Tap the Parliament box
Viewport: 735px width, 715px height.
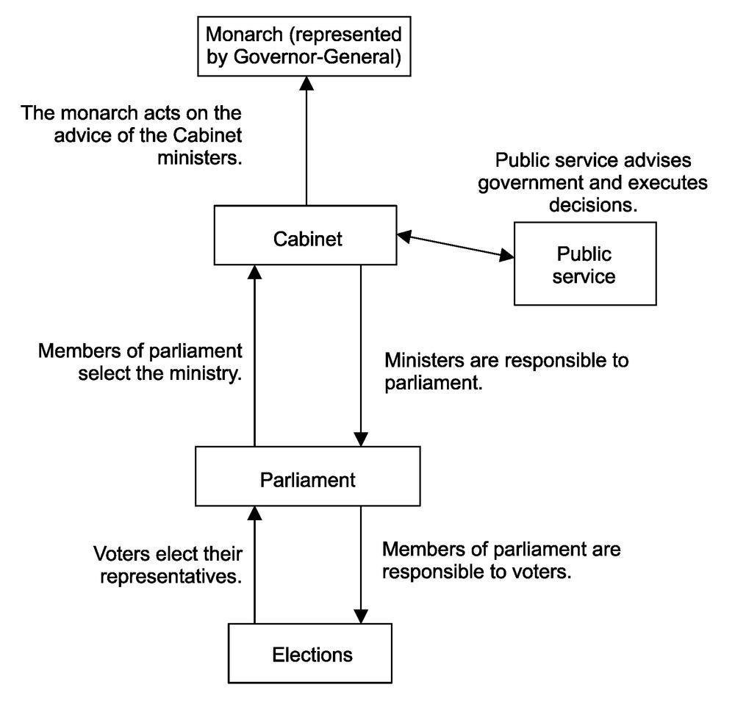(x=307, y=481)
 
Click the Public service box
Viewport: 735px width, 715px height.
(x=584, y=265)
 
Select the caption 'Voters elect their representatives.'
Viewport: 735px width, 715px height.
(x=168, y=564)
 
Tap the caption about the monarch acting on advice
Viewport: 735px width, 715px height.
(x=132, y=137)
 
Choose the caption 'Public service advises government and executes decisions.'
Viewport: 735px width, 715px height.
(x=593, y=182)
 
